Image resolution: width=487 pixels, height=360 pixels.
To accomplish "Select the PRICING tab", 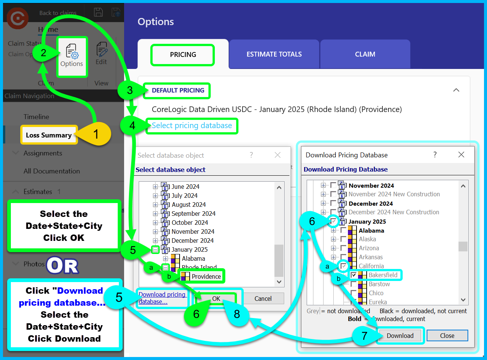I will point(183,55).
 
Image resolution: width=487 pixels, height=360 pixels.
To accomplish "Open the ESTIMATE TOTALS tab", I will point(274,54).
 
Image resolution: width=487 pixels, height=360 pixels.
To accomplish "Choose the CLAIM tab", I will point(365,54).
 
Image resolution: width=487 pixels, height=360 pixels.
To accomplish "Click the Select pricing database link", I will point(192,125).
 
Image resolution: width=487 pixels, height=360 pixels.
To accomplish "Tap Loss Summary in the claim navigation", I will point(49,135).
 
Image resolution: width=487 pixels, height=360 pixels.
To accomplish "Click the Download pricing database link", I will point(162,298).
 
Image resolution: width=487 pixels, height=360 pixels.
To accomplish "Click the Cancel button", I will point(263,299).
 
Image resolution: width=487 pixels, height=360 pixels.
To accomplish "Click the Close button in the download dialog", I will point(447,336).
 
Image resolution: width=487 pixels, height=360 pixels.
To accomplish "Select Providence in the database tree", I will point(206,276).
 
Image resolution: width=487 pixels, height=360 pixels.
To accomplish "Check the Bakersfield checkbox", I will point(354,275).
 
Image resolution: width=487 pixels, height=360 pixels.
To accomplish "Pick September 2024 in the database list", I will point(193,214).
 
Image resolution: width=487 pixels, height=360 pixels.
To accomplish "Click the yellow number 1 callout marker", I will point(96,134).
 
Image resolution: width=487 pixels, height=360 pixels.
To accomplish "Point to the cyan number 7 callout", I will point(364,336).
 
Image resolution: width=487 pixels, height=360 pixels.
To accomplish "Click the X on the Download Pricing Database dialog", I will point(461,155).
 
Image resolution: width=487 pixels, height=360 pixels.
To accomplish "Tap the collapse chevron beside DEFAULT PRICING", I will point(456,90).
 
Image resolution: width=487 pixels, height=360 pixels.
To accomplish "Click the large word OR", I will point(63,266).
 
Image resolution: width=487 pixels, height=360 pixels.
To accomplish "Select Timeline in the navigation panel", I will point(36,117).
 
